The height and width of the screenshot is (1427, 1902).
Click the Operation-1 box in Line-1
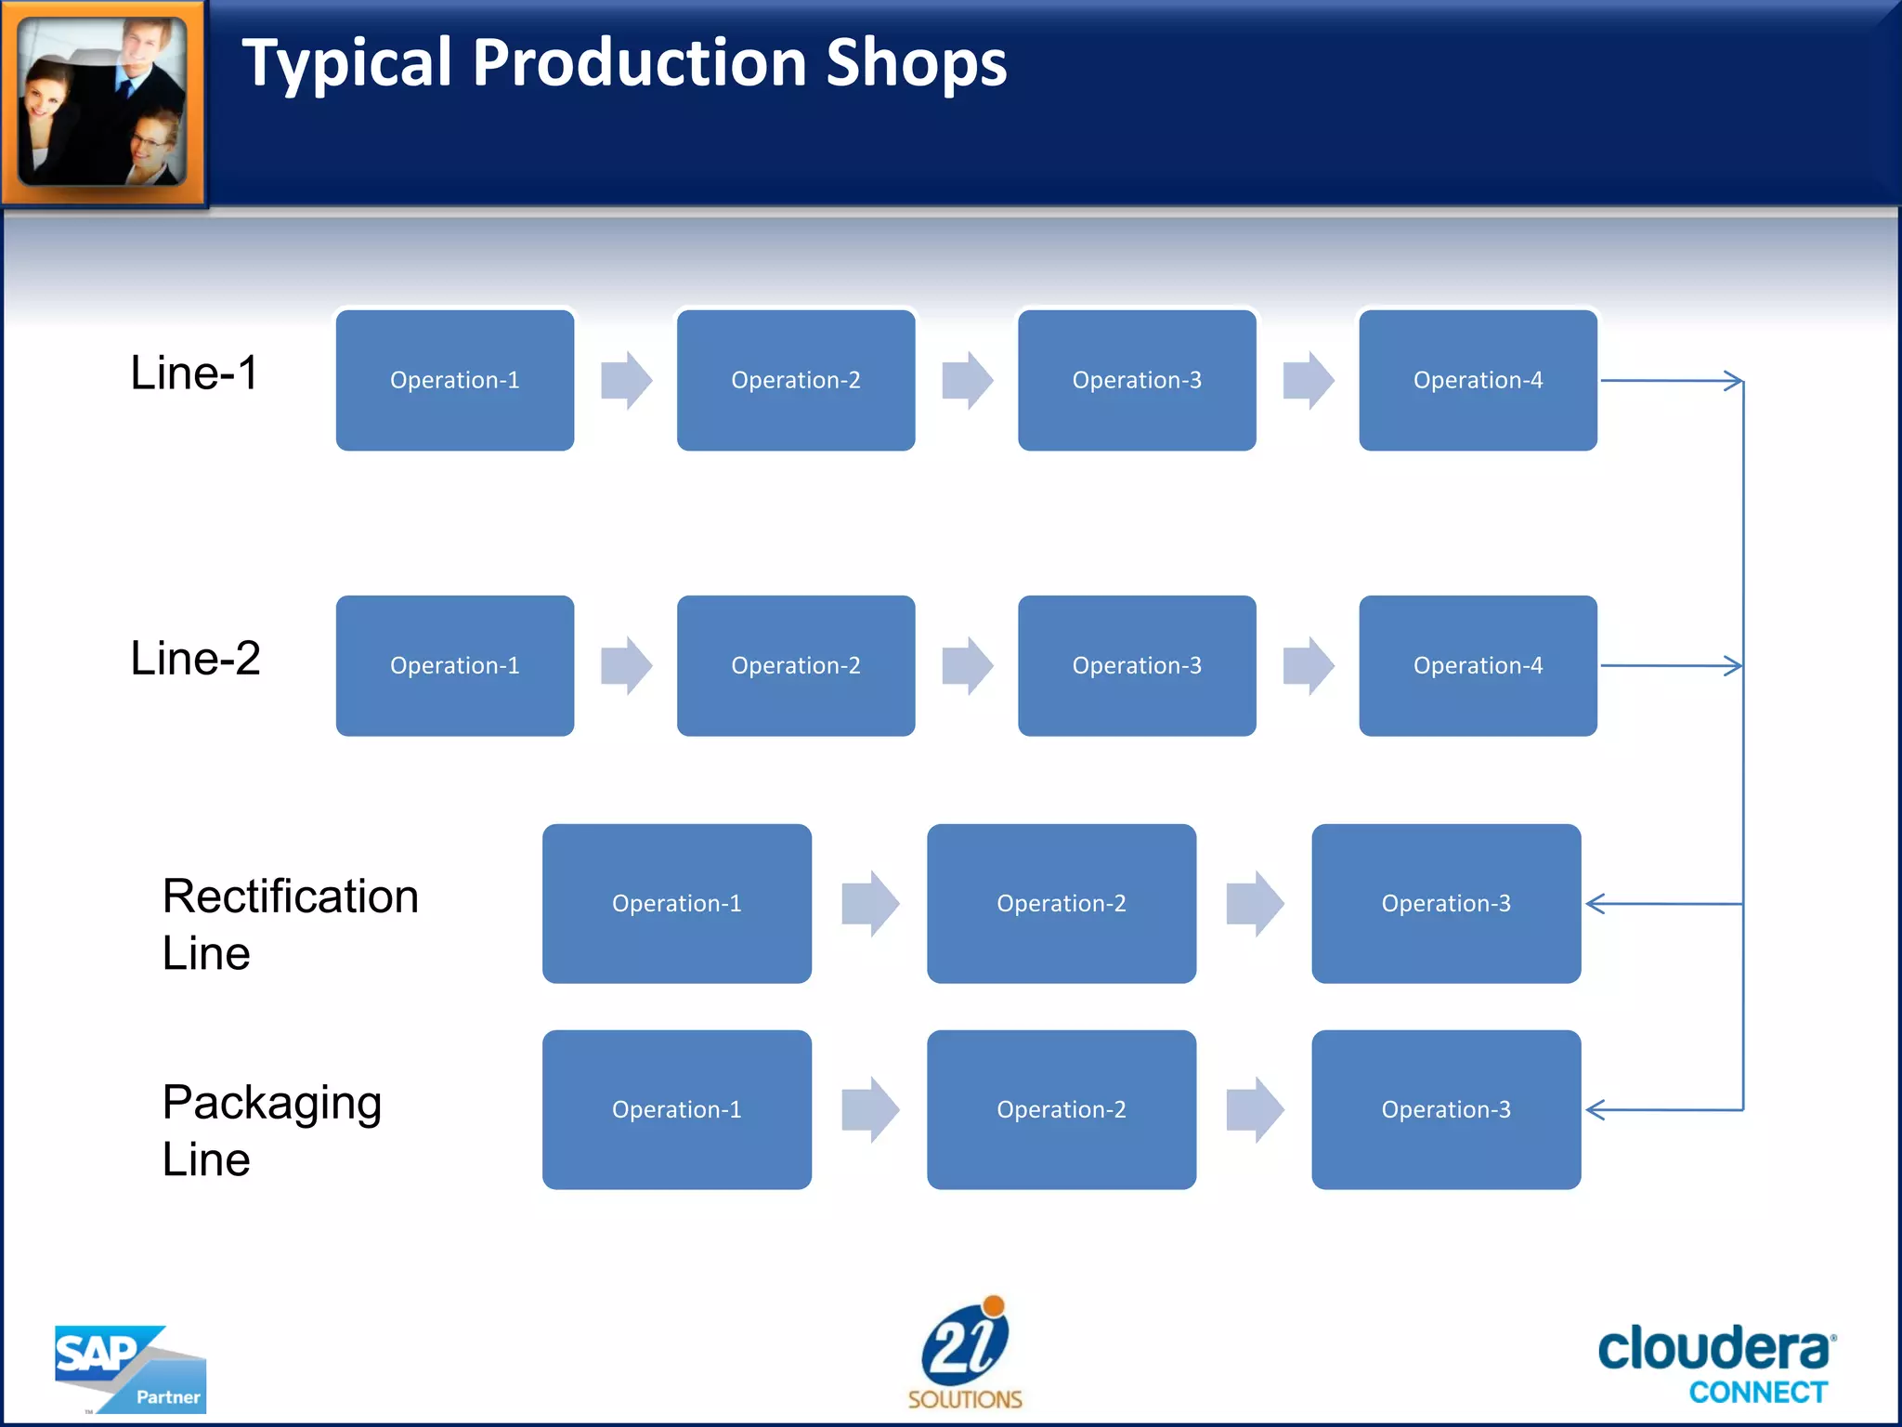[454, 380]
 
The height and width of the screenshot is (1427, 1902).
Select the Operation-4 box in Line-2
[1477, 665]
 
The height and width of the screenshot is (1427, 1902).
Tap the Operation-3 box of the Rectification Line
[1445, 903]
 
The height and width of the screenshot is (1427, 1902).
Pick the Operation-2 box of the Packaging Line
[1061, 1109]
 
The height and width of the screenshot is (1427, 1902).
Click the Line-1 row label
[194, 373]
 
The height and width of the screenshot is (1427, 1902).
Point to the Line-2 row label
[195, 659]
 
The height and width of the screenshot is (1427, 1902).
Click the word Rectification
[290, 897]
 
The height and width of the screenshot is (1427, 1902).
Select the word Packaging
[271, 1103]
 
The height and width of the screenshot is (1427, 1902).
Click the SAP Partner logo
[130, 1369]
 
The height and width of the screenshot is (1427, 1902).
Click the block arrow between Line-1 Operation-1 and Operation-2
[626, 380]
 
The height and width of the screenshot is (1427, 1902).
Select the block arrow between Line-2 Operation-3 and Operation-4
[1308, 665]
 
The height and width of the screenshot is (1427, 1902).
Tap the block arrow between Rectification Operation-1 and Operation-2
[869, 903]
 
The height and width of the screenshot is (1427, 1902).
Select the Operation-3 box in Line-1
[1136, 380]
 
